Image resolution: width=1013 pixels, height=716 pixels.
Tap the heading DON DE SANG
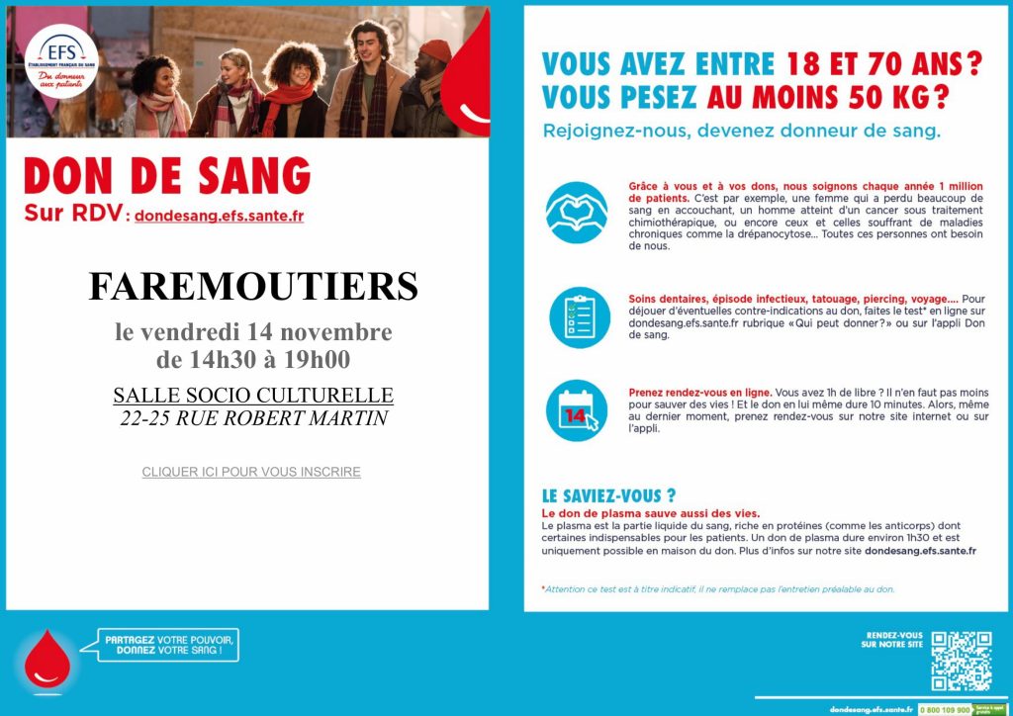(167, 177)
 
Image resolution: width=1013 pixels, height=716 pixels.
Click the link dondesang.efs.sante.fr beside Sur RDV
(219, 216)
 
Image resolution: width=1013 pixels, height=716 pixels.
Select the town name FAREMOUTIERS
(253, 287)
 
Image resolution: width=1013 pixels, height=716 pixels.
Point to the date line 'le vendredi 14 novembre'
(253, 332)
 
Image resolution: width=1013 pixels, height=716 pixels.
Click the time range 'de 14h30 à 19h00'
(253, 360)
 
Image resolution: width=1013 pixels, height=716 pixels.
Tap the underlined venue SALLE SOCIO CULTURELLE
(253, 396)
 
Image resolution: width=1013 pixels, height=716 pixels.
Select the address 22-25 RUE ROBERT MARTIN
(253, 418)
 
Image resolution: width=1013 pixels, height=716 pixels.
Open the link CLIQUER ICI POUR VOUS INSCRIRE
(251, 472)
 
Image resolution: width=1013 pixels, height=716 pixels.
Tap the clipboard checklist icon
(578, 317)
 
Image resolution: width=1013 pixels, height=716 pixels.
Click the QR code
(961, 660)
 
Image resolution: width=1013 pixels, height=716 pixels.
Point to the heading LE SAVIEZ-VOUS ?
(609, 496)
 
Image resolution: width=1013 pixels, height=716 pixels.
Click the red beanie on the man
(434, 48)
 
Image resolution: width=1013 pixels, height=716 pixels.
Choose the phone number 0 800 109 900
(945, 709)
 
